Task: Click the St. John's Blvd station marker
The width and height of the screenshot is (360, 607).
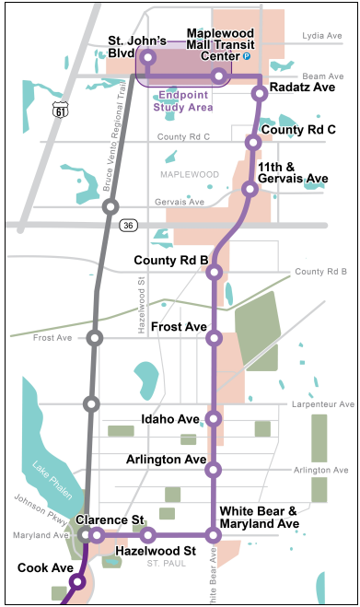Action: (x=148, y=58)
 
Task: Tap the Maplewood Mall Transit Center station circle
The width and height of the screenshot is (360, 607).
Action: (x=218, y=76)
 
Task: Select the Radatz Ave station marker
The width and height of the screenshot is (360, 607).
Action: (x=260, y=92)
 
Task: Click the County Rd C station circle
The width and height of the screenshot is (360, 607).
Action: (x=252, y=142)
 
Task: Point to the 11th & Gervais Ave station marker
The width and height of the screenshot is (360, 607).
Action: (x=249, y=189)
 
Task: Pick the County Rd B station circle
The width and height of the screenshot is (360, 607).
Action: (x=214, y=272)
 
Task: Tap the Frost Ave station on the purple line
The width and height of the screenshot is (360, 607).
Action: (x=215, y=338)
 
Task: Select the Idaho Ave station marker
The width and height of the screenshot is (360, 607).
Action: (x=215, y=419)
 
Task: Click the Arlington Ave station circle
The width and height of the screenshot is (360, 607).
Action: (x=215, y=470)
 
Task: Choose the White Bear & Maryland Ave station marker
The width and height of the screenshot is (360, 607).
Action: (x=214, y=534)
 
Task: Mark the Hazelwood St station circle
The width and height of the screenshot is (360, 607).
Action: (x=147, y=534)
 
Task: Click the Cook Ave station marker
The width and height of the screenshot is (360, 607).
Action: (x=77, y=581)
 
